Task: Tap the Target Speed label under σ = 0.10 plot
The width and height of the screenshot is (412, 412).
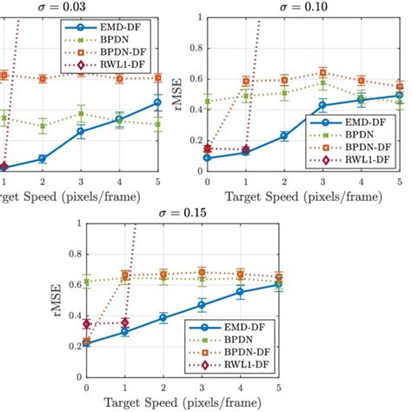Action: (302, 196)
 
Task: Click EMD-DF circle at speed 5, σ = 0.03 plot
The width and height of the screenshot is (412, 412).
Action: (157, 103)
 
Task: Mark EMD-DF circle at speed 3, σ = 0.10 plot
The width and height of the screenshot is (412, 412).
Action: (322, 105)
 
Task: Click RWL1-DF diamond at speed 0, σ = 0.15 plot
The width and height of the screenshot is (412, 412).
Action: (85, 324)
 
